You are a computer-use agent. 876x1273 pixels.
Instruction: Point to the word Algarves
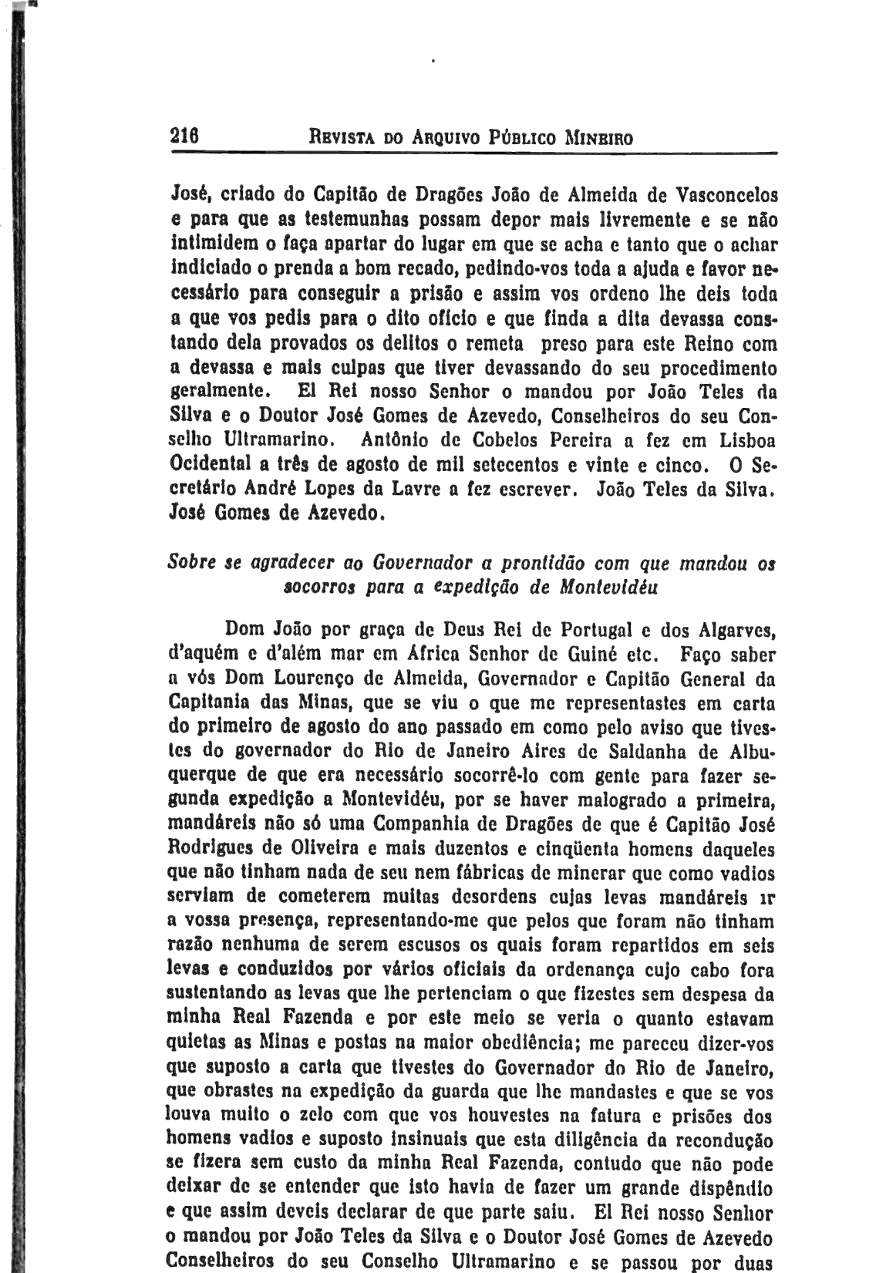[737, 630]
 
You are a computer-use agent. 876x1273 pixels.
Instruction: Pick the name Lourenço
[316, 679]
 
